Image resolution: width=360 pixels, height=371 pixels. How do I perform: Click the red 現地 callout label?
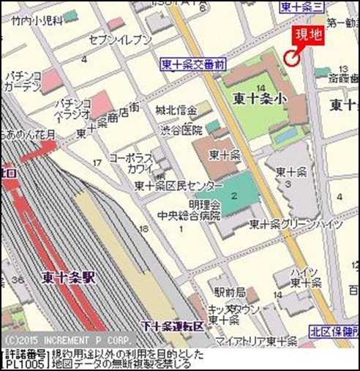[x=307, y=34]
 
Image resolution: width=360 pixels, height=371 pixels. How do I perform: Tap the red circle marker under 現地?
[x=292, y=57]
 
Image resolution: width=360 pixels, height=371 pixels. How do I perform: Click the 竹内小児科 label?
[x=36, y=21]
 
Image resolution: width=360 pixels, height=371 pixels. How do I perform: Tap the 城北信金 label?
[x=176, y=110]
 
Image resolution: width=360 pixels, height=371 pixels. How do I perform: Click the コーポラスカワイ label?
[x=130, y=163]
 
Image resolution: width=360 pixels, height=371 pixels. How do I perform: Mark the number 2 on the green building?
[x=234, y=195]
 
